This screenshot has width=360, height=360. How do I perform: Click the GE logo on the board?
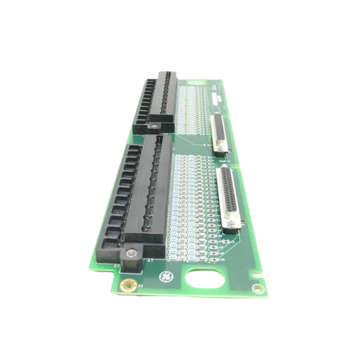(166, 277)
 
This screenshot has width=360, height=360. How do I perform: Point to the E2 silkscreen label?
(141, 286)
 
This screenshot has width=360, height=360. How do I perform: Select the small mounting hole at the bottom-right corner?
(258, 289)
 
